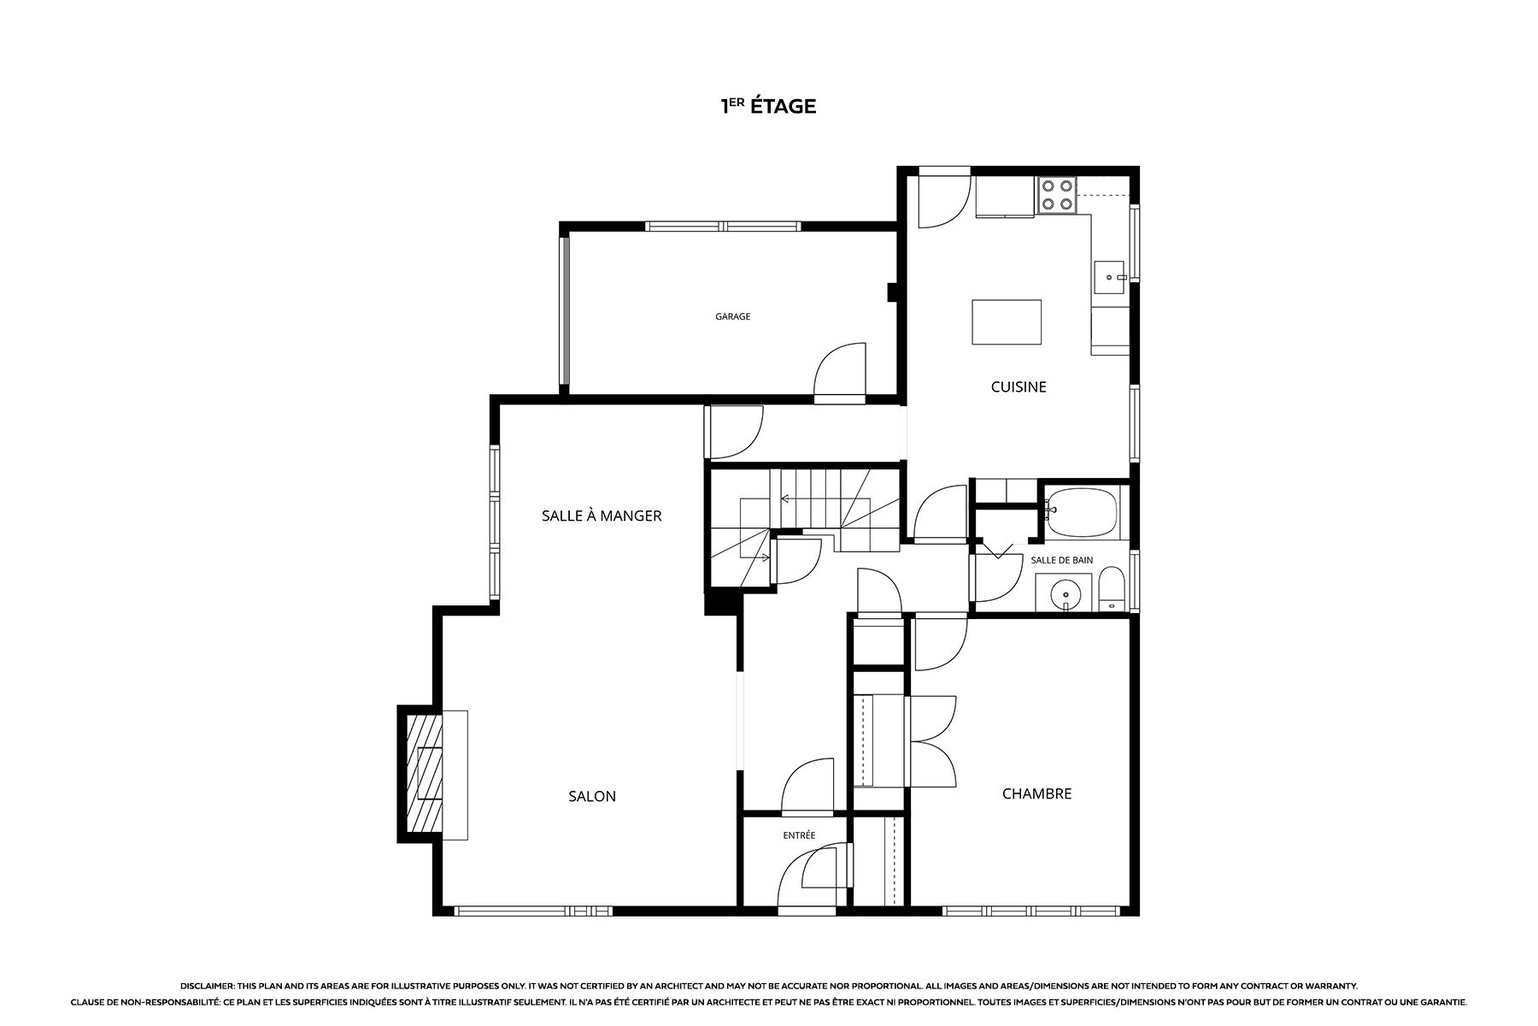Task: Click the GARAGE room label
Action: tap(732, 316)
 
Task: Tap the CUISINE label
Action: tap(1018, 386)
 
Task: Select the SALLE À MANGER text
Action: tap(602, 516)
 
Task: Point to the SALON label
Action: tap(592, 796)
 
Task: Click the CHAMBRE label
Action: tap(1036, 793)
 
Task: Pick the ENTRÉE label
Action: tap(799, 835)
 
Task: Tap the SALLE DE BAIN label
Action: tap(1062, 560)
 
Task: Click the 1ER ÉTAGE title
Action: tap(769, 106)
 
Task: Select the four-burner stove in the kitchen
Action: tap(1056, 196)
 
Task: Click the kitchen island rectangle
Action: tap(1007, 321)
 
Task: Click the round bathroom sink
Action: tap(1065, 592)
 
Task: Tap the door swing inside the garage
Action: tap(841, 371)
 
